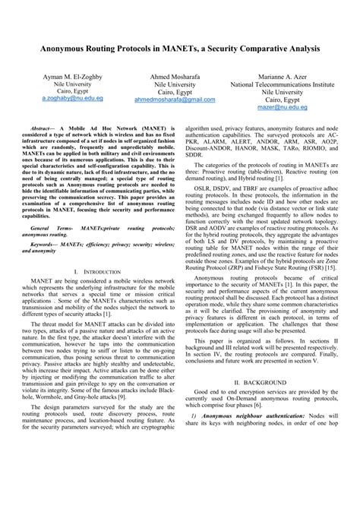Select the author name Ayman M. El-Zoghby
(x=57, y=77)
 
